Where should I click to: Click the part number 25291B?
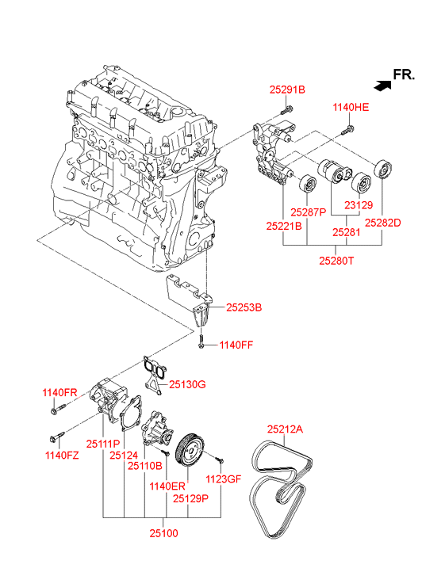click(287, 90)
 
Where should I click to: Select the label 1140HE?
click(351, 107)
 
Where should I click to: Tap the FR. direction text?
click(404, 74)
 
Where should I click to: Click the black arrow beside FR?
click(382, 86)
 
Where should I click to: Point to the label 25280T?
click(336, 261)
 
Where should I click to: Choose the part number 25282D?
click(382, 223)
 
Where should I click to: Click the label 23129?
click(359, 205)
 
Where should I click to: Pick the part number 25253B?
click(244, 307)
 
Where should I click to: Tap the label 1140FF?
click(236, 345)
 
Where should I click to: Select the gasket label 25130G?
click(187, 384)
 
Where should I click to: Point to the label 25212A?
click(285, 429)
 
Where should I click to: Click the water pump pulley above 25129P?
click(189, 450)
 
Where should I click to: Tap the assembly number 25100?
click(163, 533)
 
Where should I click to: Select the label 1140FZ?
click(62, 456)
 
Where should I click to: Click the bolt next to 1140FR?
click(59, 409)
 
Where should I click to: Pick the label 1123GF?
click(223, 479)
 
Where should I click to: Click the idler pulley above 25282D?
click(382, 170)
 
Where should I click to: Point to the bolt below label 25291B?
click(287, 109)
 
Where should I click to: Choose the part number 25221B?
click(284, 226)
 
